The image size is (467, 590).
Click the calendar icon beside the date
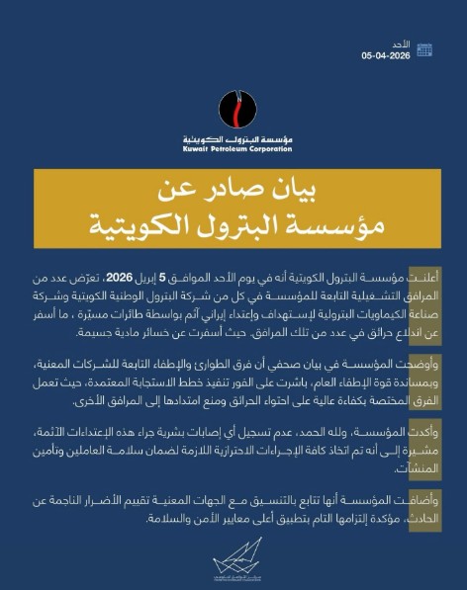(423, 49)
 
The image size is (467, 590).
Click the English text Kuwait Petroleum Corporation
(233, 148)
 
